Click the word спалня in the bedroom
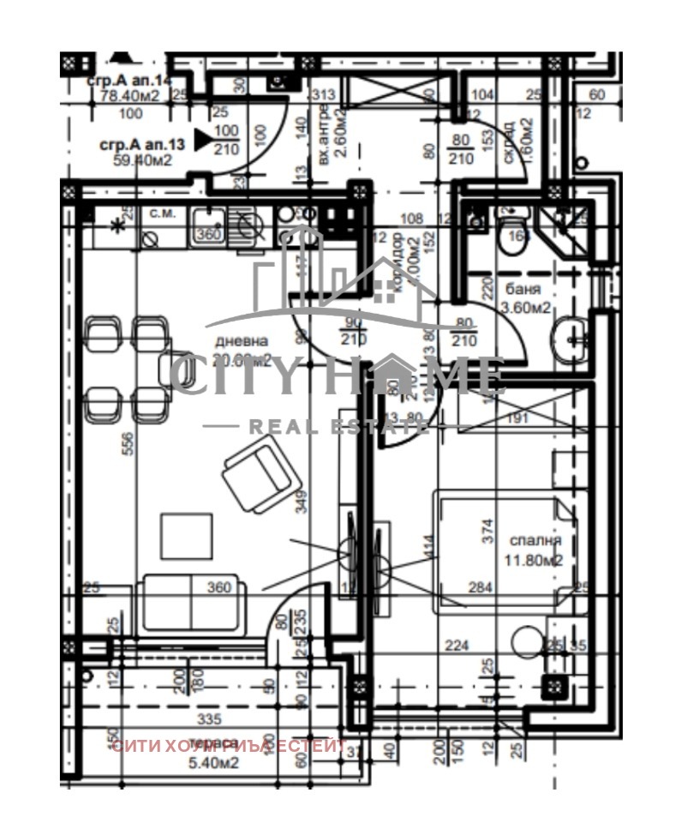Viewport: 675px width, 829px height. tap(535, 541)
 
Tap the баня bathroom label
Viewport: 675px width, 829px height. tap(523, 289)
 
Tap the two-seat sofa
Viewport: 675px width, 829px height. tap(190, 604)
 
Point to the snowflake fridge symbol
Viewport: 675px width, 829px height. tap(116, 225)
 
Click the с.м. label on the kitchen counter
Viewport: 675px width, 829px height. tap(163, 213)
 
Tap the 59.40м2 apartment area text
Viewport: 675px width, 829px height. tap(142, 159)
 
